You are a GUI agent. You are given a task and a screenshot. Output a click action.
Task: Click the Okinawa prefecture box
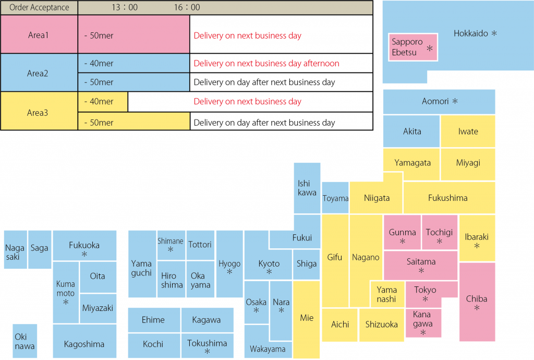coord(25,341)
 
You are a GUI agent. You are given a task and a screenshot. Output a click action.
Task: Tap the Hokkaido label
coord(470,33)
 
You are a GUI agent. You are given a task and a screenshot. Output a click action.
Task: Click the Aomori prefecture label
coord(435,101)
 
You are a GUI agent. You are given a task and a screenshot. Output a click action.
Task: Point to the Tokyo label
coord(425,290)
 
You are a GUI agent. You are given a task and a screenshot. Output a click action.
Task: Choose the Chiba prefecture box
coord(477,302)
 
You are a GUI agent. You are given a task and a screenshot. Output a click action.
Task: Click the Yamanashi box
coord(386,294)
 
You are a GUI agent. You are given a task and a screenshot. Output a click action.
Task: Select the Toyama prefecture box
coord(335,198)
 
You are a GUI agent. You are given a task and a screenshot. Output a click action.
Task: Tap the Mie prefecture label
coord(307,317)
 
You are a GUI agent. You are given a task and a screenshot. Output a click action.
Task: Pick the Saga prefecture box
coord(39,248)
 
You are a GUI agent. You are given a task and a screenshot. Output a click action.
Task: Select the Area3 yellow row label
coord(39,111)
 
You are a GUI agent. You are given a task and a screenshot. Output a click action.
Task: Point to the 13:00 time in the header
coord(125,7)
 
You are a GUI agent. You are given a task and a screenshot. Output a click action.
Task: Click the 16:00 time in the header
coord(187,7)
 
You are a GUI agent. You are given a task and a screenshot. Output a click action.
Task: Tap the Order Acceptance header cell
coord(39,7)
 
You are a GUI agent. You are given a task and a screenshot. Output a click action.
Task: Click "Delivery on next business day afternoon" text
coord(266,63)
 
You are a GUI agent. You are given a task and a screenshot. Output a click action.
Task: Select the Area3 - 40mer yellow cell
coord(103,101)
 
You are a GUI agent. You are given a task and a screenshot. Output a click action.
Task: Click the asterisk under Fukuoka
coord(84,254)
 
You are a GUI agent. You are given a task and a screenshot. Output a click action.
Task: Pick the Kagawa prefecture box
coord(206,320)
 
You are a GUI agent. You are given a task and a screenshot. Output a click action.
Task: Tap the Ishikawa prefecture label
coord(307,188)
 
